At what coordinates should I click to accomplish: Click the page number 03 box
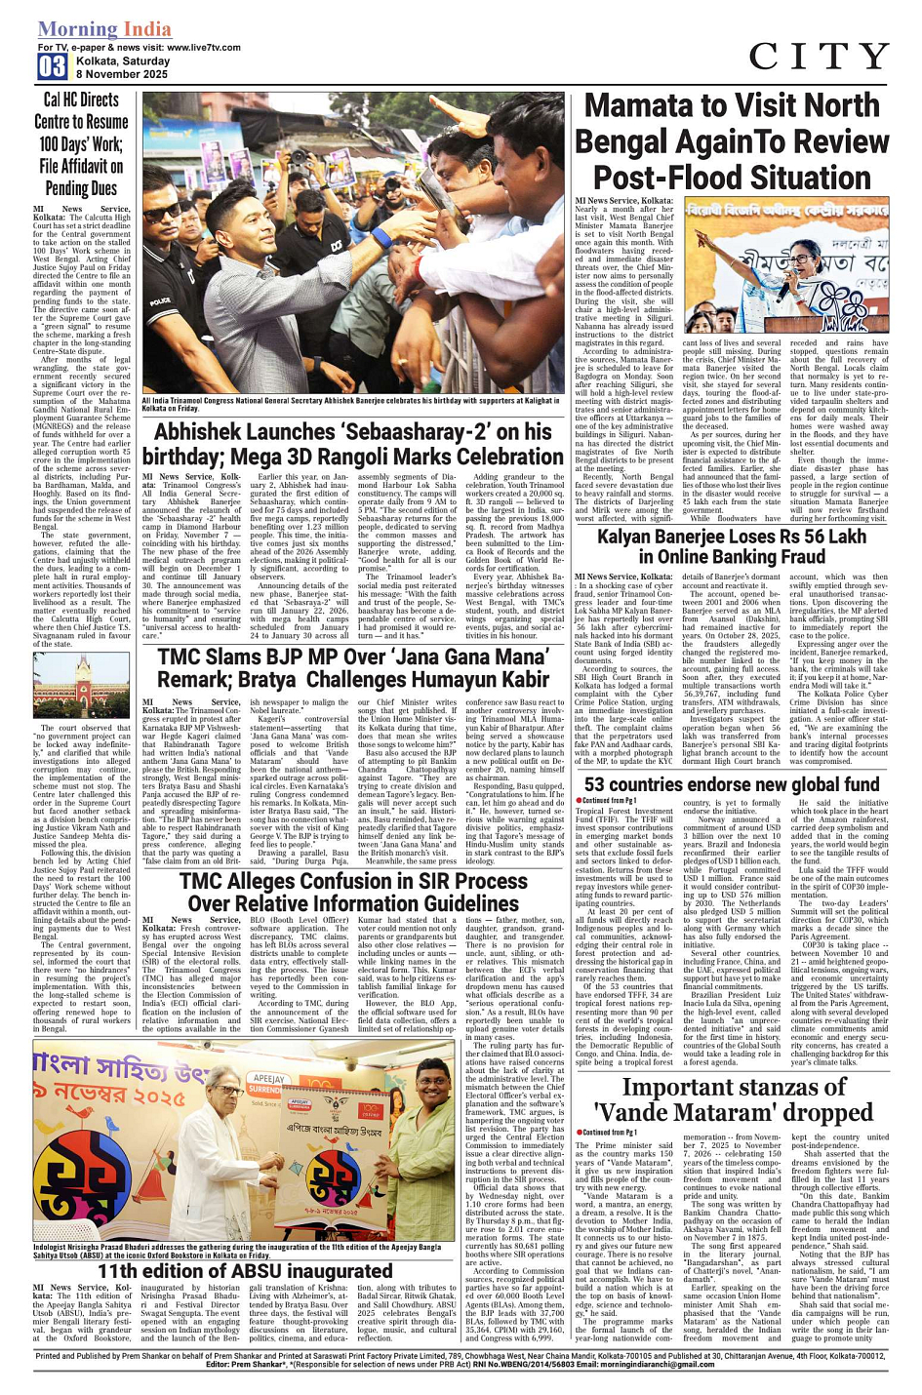(x=52, y=65)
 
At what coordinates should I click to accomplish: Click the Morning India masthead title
(x=104, y=29)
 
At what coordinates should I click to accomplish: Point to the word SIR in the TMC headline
(x=461, y=881)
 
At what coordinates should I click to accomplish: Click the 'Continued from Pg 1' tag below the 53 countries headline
(x=609, y=801)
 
